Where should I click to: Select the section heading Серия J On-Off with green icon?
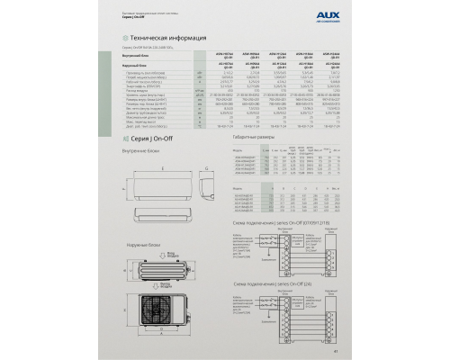[148, 139]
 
